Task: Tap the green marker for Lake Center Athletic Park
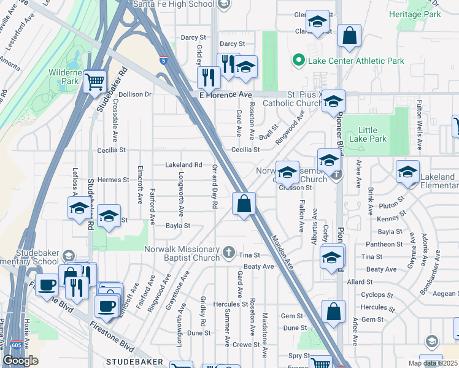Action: (298, 60)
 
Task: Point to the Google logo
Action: (21, 361)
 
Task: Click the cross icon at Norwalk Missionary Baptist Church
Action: (228, 251)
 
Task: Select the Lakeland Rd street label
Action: (183, 164)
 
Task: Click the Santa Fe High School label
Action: (177, 4)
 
